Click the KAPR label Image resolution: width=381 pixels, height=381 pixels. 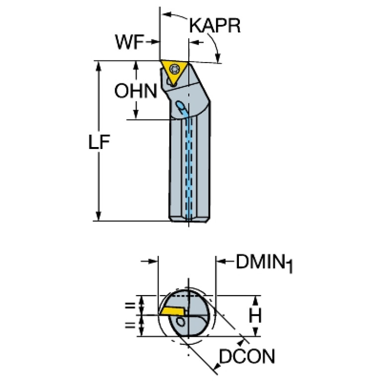[215, 25]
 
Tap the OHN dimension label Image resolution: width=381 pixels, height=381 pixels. [136, 91]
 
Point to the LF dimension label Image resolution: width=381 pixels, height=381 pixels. [99, 142]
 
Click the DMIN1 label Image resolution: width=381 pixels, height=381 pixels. [264, 263]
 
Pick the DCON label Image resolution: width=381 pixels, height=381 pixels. [247, 356]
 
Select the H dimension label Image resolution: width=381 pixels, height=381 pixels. [255, 315]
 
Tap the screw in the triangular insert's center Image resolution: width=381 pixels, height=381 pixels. [174, 69]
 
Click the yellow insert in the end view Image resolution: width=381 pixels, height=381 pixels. [172, 311]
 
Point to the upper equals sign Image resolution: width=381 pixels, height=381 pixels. [130, 305]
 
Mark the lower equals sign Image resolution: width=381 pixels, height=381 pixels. [130, 325]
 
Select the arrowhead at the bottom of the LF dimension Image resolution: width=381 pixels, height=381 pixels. [98, 216]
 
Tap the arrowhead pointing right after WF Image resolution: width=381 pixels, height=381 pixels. [155, 42]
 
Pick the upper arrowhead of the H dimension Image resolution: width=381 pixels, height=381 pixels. [255, 301]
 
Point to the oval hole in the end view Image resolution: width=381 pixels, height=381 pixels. [180, 323]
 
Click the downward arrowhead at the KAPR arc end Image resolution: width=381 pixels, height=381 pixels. [218, 58]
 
